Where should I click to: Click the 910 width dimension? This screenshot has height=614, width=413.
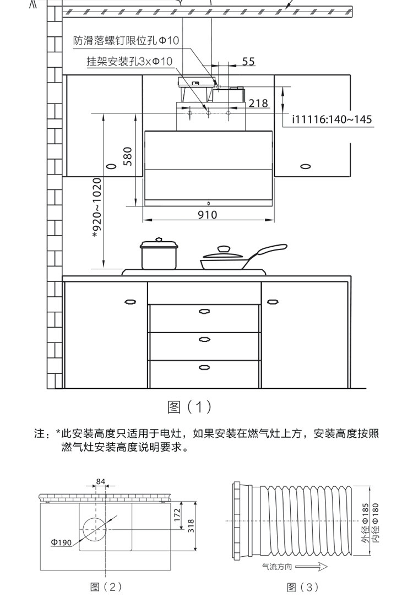click(208, 215)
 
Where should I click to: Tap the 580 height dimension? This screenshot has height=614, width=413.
click(128, 156)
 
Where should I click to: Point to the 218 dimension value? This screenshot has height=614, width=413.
click(258, 103)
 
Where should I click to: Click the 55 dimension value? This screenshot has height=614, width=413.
click(248, 62)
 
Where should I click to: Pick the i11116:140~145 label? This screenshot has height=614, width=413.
click(332, 119)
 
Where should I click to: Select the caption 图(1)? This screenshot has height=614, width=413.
click(189, 407)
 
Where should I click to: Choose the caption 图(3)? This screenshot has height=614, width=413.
click(303, 587)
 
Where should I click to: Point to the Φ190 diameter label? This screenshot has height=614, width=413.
click(61, 543)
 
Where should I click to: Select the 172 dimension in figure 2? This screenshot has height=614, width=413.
click(177, 515)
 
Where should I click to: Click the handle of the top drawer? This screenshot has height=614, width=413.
click(204, 312)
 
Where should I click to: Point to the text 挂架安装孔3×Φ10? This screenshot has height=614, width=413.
click(129, 61)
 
